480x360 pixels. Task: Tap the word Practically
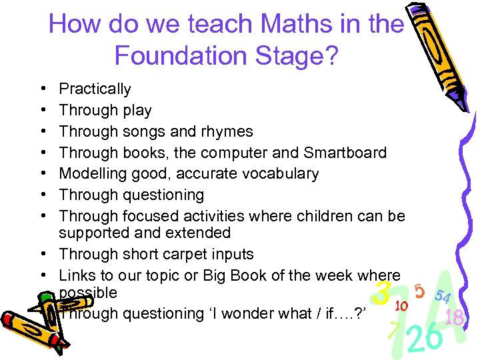[x=95, y=89]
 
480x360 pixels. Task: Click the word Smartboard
[x=345, y=153]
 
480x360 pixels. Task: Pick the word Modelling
[x=89, y=174]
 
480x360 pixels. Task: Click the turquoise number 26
[x=425, y=338]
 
